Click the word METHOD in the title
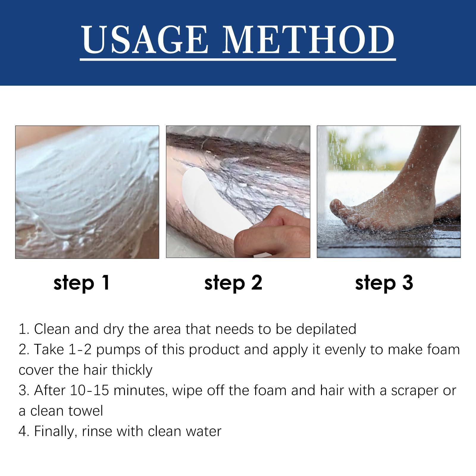[x=309, y=40]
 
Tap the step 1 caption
[x=82, y=282]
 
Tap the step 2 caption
[x=233, y=282]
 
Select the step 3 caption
[x=384, y=282]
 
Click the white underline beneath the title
[x=238, y=59]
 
